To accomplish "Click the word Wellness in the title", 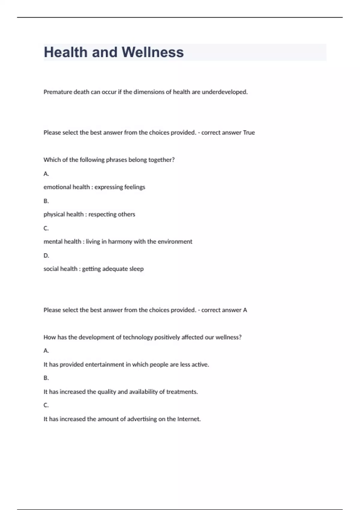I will pos(152,52).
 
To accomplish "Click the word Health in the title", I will pos(66,52).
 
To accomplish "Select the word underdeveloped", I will pos(225,92).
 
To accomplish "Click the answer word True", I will pos(249,133).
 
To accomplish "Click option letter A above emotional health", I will pos(46,174).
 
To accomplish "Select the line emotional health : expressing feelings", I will pos(94,187).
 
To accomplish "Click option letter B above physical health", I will pos(46,201).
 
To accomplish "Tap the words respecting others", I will pos(112,214).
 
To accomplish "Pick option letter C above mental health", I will pos(46,228).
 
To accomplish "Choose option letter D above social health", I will pos(46,256).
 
